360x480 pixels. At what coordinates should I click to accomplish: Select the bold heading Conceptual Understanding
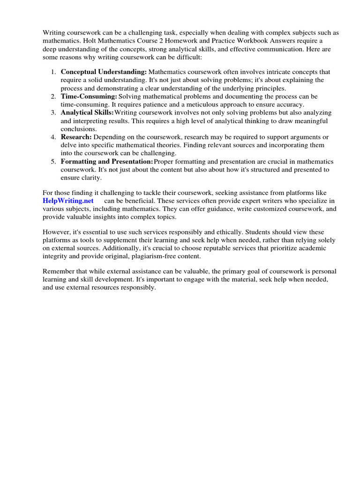pyautogui.click(x=104, y=72)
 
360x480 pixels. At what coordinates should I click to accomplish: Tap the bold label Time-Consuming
pyautogui.click(x=89, y=97)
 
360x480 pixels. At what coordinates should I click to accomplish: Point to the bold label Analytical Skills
pyautogui.click(x=87, y=113)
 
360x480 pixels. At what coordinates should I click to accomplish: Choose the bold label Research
pyautogui.click(x=76, y=137)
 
